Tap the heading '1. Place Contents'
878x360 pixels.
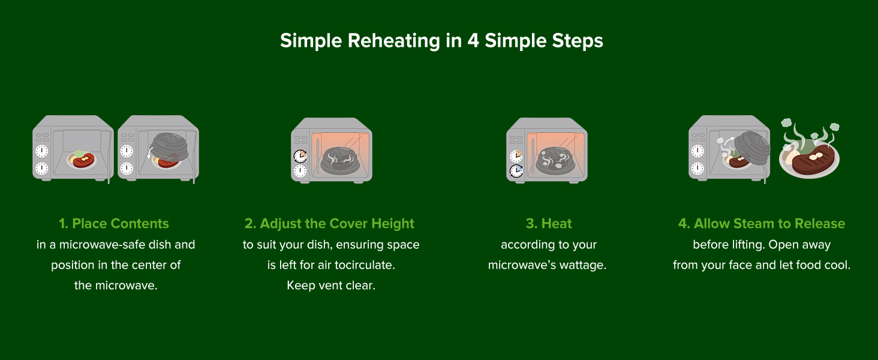[x=114, y=224]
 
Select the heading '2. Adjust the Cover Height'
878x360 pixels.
[x=329, y=224]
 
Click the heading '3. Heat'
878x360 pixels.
[x=549, y=224]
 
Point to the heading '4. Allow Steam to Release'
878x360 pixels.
[x=762, y=224]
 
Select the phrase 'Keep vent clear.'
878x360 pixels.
[x=331, y=286]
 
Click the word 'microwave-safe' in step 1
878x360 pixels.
[x=103, y=245]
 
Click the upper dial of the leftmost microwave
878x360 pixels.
[x=42, y=151]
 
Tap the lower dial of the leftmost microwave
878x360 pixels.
[x=42, y=169]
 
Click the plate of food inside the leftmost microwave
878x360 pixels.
[x=82, y=160]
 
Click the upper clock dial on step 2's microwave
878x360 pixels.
[x=300, y=155]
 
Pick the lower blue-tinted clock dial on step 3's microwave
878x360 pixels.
[x=516, y=171]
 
